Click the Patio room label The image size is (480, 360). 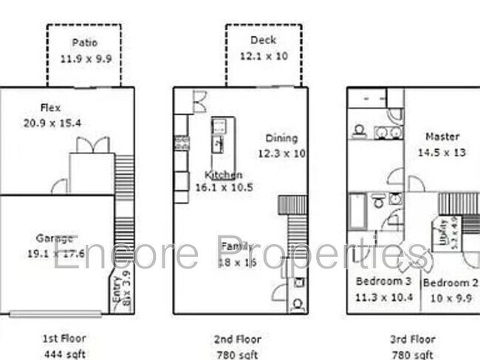click(84, 43)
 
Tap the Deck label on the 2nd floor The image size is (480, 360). click(263, 40)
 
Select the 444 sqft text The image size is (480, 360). click(65, 353)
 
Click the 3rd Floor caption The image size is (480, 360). click(412, 339)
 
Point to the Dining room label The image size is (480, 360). click(281, 138)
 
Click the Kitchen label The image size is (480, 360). click(223, 175)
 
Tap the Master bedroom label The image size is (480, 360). click(442, 136)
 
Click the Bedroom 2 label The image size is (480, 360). click(450, 283)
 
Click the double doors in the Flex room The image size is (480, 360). click(92, 145)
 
